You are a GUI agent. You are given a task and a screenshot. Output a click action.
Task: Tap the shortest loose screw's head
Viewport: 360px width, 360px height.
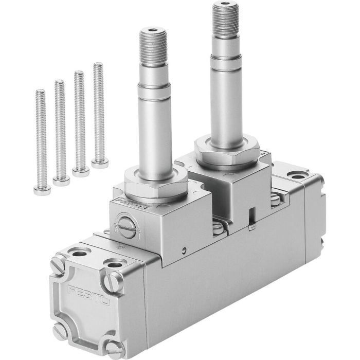point(42,190)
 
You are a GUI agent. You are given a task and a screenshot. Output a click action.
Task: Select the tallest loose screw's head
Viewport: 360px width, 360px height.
point(100,164)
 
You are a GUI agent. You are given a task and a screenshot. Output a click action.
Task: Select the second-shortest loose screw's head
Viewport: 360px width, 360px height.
point(61,179)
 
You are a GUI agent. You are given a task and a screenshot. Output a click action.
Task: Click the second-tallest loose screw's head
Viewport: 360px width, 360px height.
point(81,171)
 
